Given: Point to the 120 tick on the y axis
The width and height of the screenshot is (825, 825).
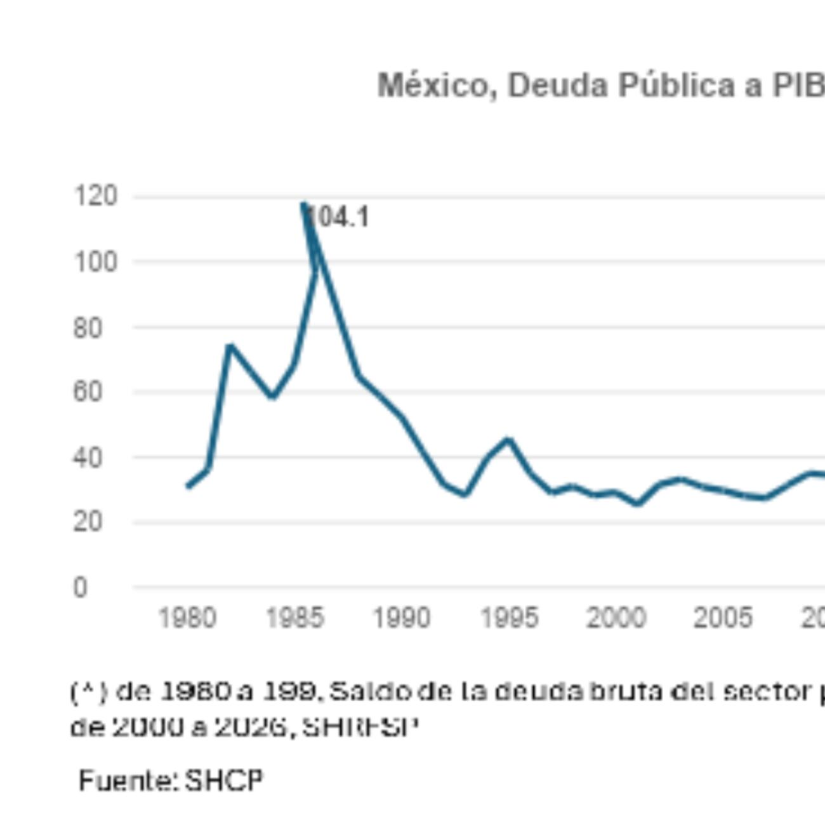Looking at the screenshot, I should (x=96, y=195).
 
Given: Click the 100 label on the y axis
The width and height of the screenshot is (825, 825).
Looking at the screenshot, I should (x=96, y=261).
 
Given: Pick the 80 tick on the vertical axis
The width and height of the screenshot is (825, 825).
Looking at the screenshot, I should (x=88, y=328).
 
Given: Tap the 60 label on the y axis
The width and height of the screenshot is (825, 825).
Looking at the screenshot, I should (x=88, y=392).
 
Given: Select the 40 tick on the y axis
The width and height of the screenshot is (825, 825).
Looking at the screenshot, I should (x=88, y=458).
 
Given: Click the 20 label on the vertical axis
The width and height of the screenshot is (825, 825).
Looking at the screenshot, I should (x=88, y=522).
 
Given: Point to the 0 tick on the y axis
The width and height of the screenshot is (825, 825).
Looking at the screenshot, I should (x=80, y=588).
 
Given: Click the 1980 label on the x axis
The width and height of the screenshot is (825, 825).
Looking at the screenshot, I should (x=187, y=617).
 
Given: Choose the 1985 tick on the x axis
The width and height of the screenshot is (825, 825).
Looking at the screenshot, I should (x=295, y=617).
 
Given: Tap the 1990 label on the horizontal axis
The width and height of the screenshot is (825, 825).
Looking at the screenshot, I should (x=402, y=617).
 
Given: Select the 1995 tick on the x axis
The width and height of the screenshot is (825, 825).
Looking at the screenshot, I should (x=510, y=617).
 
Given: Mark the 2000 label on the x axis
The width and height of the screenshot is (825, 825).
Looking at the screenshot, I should (x=616, y=617).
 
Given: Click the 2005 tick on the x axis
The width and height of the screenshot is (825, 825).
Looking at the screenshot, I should (x=723, y=617).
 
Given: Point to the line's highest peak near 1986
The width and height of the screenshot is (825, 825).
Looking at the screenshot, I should (x=303, y=204).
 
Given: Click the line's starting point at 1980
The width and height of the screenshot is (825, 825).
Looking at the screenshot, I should (x=188, y=487).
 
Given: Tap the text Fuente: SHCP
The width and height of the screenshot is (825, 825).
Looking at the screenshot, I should (x=171, y=780).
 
